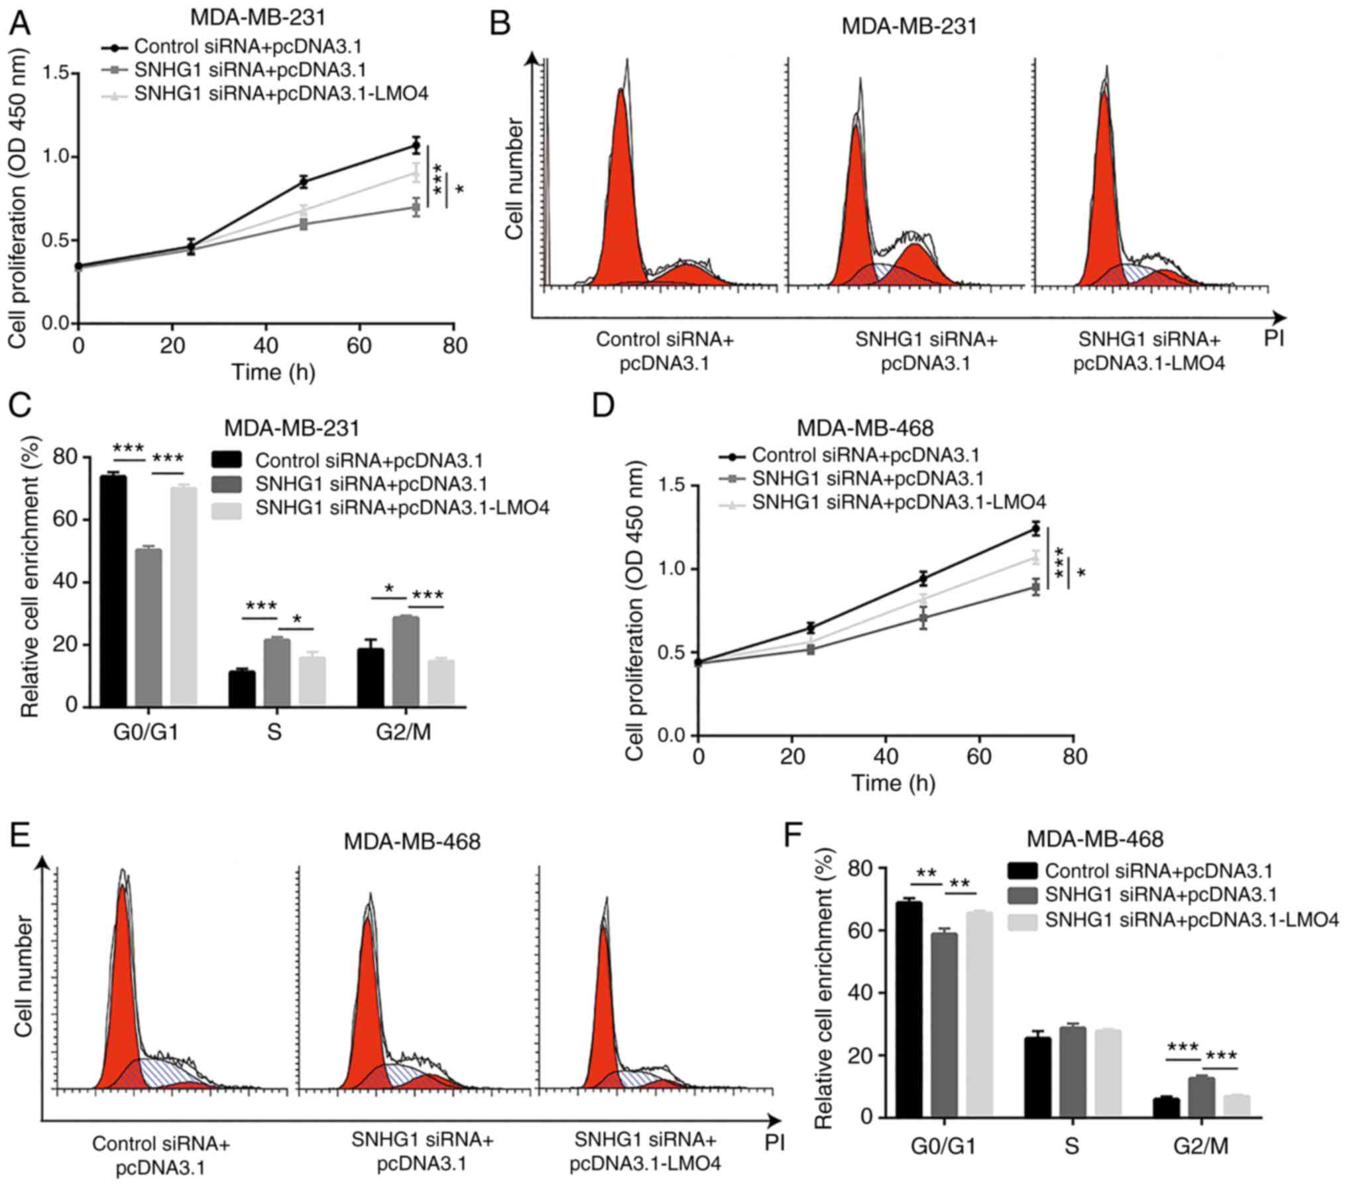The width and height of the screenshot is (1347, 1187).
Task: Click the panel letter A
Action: click(20, 25)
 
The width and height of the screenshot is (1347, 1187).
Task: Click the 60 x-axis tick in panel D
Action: click(980, 755)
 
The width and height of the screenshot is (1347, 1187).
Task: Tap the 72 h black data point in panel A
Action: click(416, 145)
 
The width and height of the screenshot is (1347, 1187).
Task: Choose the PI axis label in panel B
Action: click(1273, 339)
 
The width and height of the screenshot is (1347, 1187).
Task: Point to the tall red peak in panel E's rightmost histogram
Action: click(605, 1001)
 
